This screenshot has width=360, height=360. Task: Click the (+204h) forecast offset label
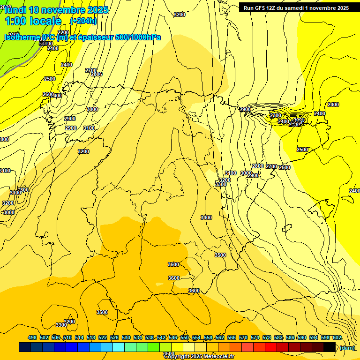pyautogui.click(x=83, y=21)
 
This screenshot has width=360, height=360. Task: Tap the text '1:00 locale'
pyautogui.click(x=33, y=21)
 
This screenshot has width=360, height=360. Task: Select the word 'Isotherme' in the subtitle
pyautogui.click(x=22, y=37)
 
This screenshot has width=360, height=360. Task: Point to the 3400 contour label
pyautogui.click(x=206, y=217)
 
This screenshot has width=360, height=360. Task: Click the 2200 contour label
pyautogui.click(x=63, y=32)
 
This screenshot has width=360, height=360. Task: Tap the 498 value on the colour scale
pyautogui.click(x=32, y=337)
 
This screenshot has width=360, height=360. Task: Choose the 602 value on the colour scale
pyautogui.click(x=337, y=337)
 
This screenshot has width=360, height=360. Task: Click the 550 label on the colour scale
pyautogui.click(x=185, y=337)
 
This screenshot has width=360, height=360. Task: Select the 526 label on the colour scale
pyautogui.click(x=114, y=337)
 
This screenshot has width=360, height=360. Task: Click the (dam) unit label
pyautogui.click(x=347, y=347)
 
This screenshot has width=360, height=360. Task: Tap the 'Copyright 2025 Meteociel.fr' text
pyautogui.click(x=199, y=357)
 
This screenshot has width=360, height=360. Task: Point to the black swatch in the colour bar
pyautogui.click(x=330, y=347)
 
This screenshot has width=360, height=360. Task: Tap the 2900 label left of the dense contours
pyautogui.click(x=245, y=109)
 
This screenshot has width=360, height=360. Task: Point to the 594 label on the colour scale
pyautogui.click(x=314, y=337)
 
